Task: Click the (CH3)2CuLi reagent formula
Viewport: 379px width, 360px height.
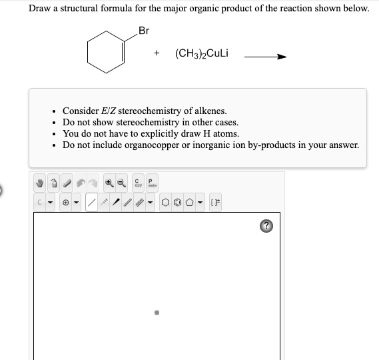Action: (x=201, y=53)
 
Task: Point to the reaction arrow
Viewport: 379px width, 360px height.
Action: (x=265, y=56)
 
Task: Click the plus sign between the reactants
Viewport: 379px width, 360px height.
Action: (x=156, y=54)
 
